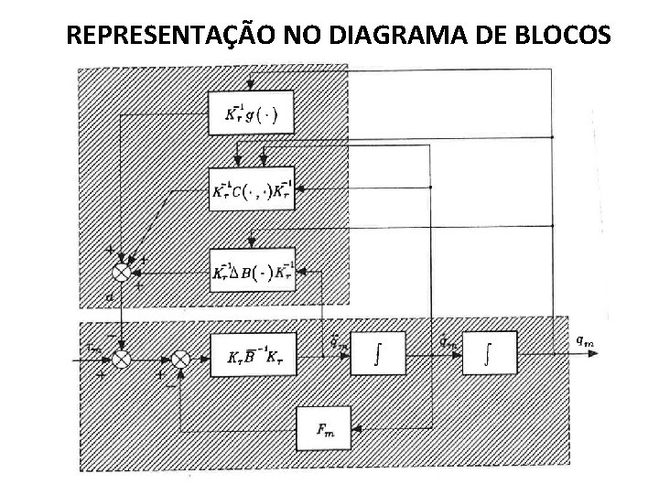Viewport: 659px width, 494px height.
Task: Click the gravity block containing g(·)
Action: [252, 114]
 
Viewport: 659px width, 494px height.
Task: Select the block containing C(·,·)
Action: [252, 190]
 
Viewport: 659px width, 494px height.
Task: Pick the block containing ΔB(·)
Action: [252, 271]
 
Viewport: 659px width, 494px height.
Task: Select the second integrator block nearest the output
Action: [489, 354]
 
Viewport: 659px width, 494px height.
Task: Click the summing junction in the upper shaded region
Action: [121, 271]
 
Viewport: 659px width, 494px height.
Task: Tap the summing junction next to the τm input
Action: [121, 359]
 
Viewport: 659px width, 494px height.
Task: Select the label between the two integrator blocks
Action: [447, 341]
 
